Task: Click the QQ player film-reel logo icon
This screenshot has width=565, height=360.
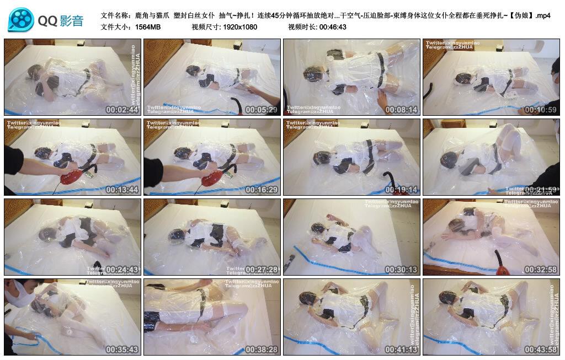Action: (x=21, y=20)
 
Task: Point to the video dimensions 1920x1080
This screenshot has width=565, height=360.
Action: (x=240, y=27)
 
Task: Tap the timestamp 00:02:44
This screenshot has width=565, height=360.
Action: (x=122, y=110)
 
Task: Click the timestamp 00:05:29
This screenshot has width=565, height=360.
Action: (x=262, y=110)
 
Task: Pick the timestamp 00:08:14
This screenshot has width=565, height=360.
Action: (x=401, y=110)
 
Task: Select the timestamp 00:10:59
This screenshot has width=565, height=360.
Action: (x=541, y=110)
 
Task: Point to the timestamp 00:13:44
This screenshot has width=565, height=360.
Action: (x=122, y=190)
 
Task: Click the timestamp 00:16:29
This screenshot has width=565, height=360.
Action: (x=262, y=190)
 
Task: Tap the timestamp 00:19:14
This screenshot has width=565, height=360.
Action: (x=401, y=190)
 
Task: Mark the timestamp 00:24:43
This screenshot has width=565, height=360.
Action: (x=122, y=270)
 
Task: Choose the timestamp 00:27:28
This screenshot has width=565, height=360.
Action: (x=262, y=270)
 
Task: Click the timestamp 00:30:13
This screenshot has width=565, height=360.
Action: (x=401, y=270)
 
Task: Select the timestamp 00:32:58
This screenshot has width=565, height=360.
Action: (x=541, y=270)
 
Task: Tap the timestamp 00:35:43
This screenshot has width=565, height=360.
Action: (x=122, y=350)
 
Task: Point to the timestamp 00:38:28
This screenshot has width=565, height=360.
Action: (x=262, y=350)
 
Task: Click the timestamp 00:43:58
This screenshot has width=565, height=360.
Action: (x=541, y=350)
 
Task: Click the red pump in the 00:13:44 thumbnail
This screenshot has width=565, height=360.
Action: (x=73, y=176)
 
